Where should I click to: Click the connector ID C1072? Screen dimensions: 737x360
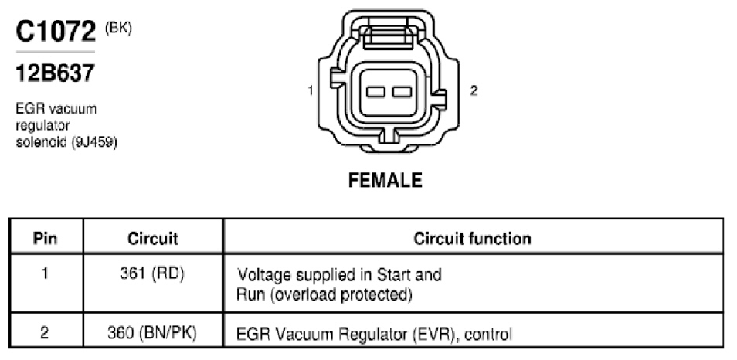[x=56, y=32]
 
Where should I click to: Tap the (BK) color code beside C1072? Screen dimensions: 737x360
[x=118, y=29]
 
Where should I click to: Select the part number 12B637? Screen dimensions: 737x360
[x=56, y=73]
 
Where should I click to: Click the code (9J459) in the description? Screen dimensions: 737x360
[x=94, y=142]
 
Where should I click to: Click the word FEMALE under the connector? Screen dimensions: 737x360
[x=385, y=180]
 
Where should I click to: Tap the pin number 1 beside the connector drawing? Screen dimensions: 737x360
[x=311, y=90]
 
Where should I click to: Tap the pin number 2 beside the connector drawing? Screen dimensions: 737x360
[x=474, y=90]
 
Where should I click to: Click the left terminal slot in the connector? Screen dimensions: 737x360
[x=376, y=92]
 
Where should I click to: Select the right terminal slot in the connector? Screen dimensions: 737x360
[x=402, y=92]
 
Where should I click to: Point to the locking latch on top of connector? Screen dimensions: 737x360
[x=389, y=33]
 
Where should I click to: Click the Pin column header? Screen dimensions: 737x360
[x=46, y=238]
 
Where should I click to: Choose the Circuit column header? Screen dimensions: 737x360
[x=153, y=238]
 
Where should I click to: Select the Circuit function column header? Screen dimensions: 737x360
[x=472, y=238]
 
